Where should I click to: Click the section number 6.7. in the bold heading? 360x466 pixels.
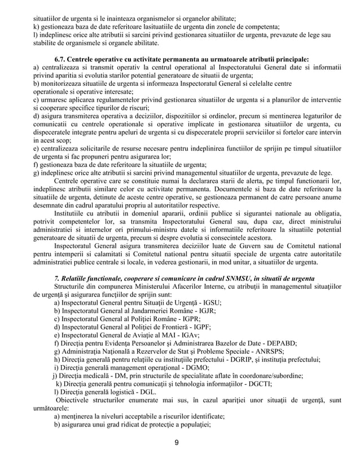coord(62,58)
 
